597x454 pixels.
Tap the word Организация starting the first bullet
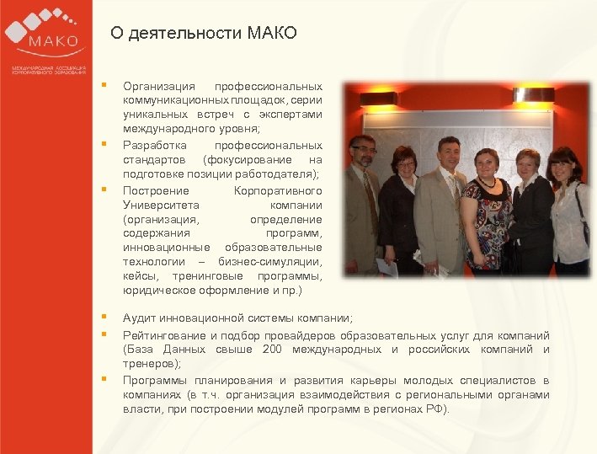tap(159, 86)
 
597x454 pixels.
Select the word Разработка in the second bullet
tap(152, 146)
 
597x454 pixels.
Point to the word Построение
tap(156, 190)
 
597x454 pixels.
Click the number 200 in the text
tap(272, 349)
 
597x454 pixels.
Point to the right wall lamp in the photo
tap(534, 94)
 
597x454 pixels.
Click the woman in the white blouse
tap(569, 211)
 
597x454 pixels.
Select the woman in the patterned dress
tap(487, 215)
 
